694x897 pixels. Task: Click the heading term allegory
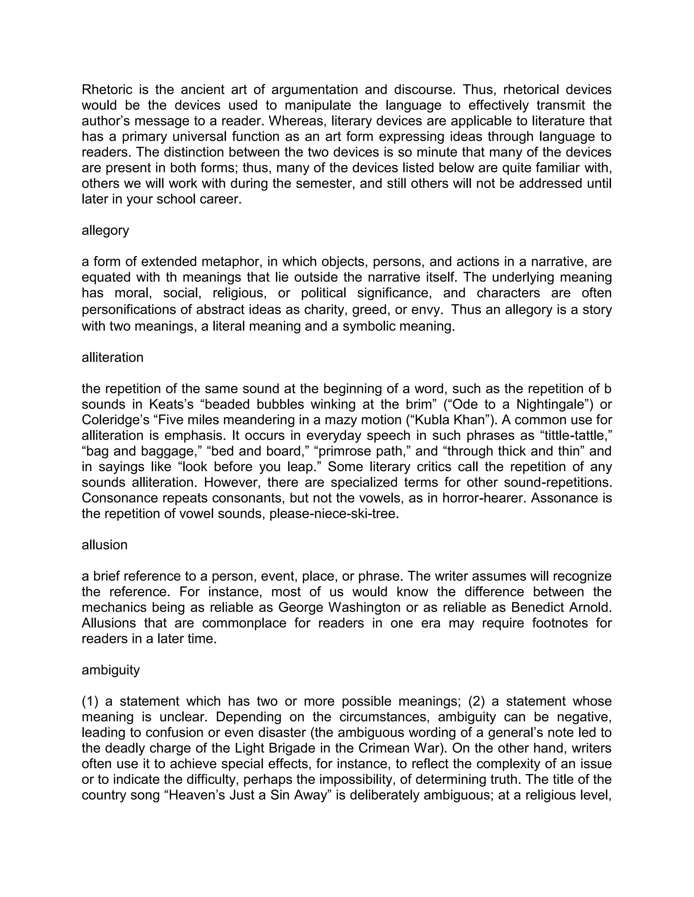click(x=105, y=231)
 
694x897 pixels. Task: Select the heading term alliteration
click(x=112, y=357)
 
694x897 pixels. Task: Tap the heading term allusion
click(x=104, y=545)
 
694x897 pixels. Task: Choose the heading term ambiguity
click(x=110, y=670)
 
